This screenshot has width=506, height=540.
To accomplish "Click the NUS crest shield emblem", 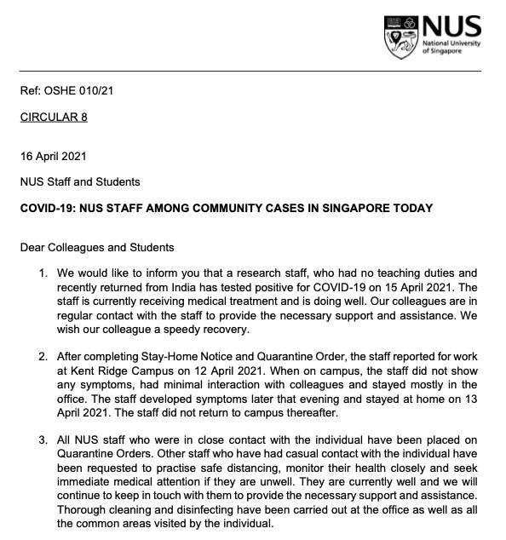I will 400,35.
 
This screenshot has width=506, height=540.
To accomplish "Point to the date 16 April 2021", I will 53,157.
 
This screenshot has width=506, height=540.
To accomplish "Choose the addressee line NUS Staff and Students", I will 80,181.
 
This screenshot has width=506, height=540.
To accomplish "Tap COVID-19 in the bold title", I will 48,208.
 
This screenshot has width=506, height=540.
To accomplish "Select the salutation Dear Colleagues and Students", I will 97,248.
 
